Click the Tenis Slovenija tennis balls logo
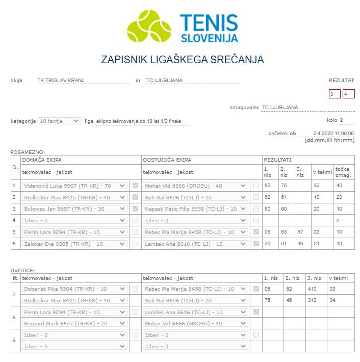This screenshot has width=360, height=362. click(149, 25)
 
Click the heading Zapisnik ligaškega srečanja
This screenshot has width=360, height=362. click(183, 60)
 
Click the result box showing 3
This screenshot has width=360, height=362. click(335, 94)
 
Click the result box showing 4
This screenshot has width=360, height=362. click(348, 94)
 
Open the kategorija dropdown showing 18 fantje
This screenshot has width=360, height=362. click(59, 121)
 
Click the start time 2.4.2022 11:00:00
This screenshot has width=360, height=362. click(333, 133)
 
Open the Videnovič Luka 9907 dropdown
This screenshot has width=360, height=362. click(74, 186)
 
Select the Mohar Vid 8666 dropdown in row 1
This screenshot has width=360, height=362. click(195, 186)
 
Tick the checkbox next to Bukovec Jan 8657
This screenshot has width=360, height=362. click(135, 209)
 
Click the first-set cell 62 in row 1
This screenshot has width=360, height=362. click(268, 186)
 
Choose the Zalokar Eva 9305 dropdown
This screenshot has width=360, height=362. click(74, 244)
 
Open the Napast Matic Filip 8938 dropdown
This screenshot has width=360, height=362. click(195, 209)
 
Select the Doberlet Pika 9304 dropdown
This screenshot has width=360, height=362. click(74, 289)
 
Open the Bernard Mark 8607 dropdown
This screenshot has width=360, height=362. click(74, 323)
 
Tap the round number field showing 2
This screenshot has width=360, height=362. click(347, 121)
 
